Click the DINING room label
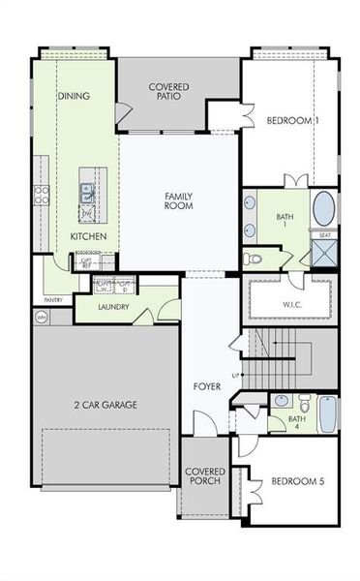75,96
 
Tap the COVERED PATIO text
168,93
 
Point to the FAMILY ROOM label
179,200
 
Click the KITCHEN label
88,236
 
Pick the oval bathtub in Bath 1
323,209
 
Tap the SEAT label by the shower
323,234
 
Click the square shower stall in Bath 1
323,254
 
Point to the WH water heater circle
42,317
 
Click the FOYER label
206,386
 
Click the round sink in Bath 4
280,400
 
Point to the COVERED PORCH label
204,476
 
